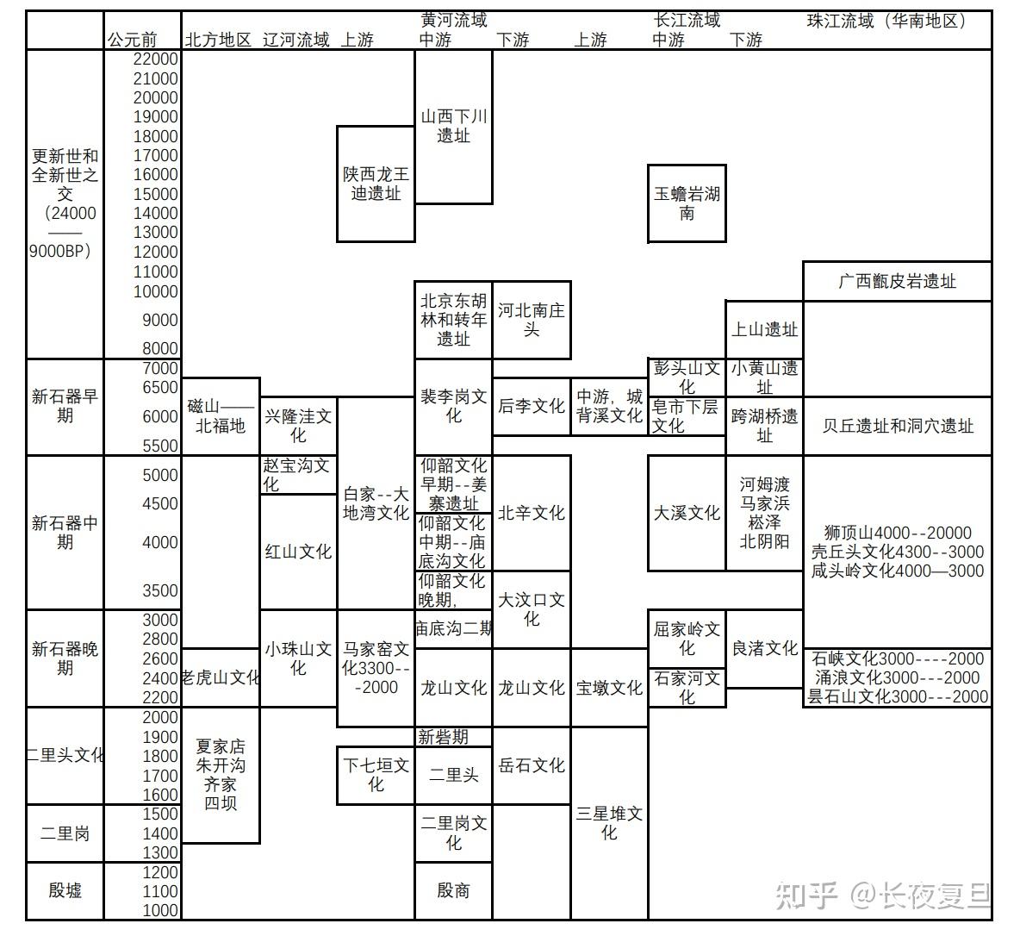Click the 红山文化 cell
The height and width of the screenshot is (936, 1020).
pos(298,552)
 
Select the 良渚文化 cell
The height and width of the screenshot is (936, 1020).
pos(764,648)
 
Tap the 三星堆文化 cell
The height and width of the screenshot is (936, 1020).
pos(609,823)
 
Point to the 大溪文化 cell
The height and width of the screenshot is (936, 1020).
pos(687,513)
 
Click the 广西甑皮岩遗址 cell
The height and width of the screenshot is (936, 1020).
pos(897,281)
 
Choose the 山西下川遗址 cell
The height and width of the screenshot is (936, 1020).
pos(453,126)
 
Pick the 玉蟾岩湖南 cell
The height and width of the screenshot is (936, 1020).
pos(687,203)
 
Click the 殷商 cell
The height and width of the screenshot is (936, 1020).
pos(453,890)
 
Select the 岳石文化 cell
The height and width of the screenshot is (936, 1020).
pos(532,765)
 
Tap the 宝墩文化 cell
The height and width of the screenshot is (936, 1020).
pos(609,688)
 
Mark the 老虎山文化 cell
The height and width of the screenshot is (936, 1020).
pos(221,677)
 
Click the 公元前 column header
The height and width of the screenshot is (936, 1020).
pos(133,40)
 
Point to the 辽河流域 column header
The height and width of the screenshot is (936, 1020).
pos(295,40)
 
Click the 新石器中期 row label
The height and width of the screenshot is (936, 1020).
pos(65,533)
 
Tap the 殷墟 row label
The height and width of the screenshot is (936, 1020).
pos(65,890)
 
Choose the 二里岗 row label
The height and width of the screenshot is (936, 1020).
pos(65,833)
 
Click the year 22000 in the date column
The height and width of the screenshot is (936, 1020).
pos(156,59)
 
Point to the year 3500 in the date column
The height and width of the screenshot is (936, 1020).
pos(160,590)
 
